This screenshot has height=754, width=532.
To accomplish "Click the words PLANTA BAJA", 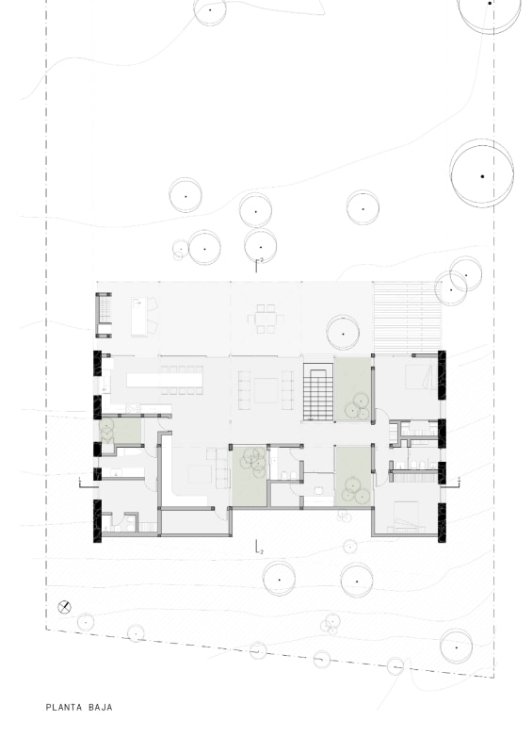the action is pyautogui.click(x=79, y=708).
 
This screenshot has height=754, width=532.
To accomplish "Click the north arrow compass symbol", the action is pyautogui.click(x=64, y=607).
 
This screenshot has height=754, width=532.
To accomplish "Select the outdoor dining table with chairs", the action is pyautogui.click(x=266, y=319).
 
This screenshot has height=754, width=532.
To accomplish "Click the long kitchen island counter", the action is pyautogui.click(x=165, y=381).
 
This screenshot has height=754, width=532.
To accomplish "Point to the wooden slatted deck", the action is pyautogui.click(x=408, y=316).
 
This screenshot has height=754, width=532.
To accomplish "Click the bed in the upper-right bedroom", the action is pyautogui.click(x=421, y=376).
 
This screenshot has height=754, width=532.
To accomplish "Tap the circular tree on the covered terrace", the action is pyautogui.click(x=343, y=334).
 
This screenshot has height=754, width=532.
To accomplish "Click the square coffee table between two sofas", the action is pyautogui.click(x=266, y=390).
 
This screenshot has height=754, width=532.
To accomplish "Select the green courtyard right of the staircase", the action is pyautogui.click(x=353, y=388).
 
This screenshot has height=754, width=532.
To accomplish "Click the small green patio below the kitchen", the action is pyautogui.click(x=121, y=431).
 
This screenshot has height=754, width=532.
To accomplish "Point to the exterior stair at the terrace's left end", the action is pyautogui.click(x=105, y=315).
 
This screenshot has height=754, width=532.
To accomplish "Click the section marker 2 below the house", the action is pyautogui.click(x=259, y=547).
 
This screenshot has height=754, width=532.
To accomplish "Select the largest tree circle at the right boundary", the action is pyautogui.click(x=482, y=175).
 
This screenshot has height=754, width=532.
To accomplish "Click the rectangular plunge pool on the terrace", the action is pyautogui.click(x=139, y=317).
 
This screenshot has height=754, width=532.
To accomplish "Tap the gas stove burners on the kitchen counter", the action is pyautogui.click(x=133, y=409).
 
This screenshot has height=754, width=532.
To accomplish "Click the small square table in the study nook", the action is pyautogui.click(x=318, y=490).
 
